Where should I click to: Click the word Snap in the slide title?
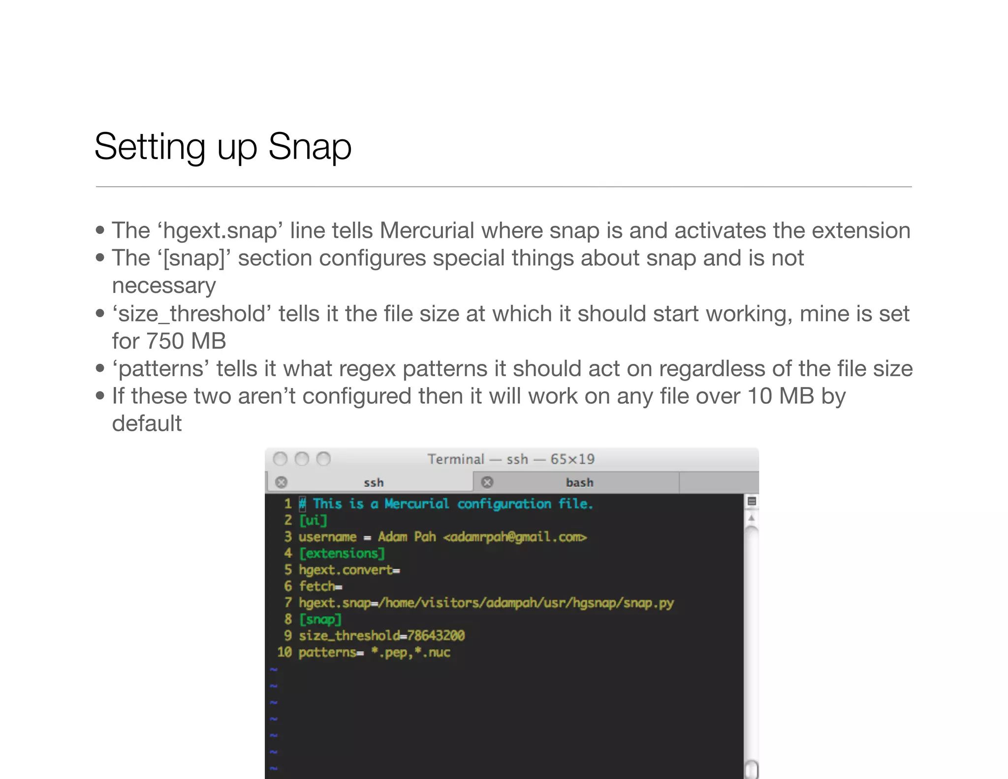click(310, 147)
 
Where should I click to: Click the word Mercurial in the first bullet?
click(427, 230)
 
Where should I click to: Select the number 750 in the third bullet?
click(165, 341)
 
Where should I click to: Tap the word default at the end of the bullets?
click(147, 423)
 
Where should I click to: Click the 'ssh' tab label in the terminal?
click(374, 483)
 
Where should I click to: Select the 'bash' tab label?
click(579, 483)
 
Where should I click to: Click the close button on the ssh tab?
click(282, 482)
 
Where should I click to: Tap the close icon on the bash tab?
click(487, 482)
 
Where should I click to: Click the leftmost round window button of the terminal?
click(280, 459)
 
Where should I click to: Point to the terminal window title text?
click(511, 459)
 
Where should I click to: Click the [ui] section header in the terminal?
click(313, 520)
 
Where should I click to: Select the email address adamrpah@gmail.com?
click(515, 537)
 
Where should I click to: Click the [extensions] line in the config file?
click(342, 553)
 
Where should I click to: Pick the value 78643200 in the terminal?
click(436, 636)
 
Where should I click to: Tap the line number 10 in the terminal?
click(284, 652)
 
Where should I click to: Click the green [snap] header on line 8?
click(320, 619)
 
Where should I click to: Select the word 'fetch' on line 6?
click(317, 586)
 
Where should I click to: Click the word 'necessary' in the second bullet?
click(164, 286)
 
